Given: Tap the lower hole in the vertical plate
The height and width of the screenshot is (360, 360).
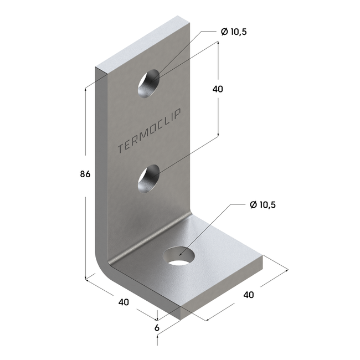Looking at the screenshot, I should point(148,179).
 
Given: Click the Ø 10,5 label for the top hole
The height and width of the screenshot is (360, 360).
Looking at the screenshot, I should point(234,32).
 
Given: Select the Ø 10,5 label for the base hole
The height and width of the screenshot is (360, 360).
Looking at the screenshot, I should point(263,205).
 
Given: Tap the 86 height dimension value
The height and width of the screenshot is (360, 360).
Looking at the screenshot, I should point(85,174).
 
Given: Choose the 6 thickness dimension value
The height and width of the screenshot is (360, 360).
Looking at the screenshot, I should point(157,328).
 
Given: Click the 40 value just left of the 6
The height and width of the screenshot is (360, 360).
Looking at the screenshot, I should point(124,302).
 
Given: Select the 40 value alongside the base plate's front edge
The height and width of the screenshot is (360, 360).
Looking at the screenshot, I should point(249,295).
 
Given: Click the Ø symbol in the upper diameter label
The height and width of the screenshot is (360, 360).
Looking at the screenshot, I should point(224,32).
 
